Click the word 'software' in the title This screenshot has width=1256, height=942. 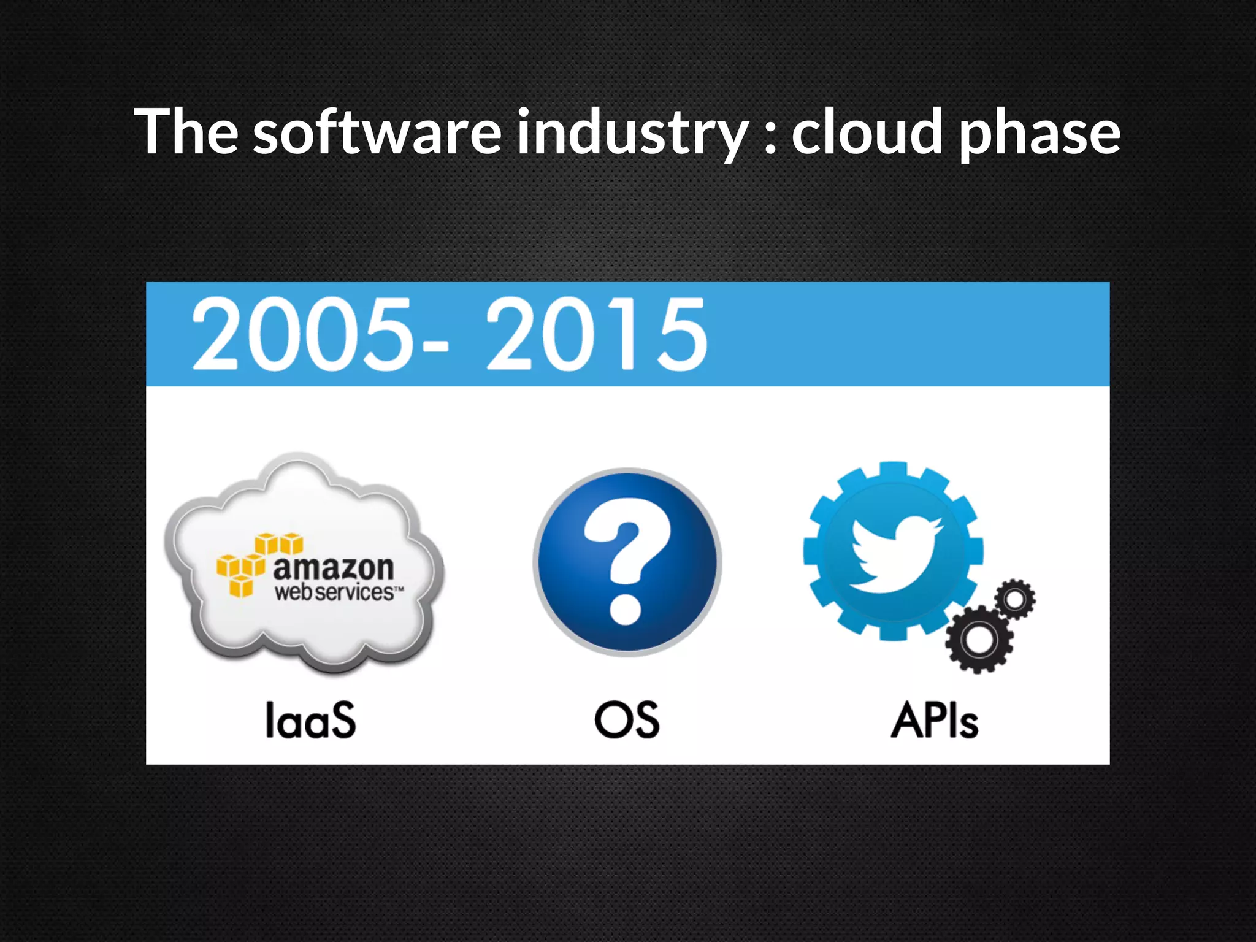coord(377,131)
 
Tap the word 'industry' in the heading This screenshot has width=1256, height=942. coord(632,132)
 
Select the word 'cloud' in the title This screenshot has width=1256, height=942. coord(867,131)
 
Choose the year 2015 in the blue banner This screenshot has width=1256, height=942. coord(597,335)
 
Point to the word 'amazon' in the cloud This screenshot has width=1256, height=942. coord(333,568)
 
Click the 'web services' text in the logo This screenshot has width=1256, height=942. coord(334,592)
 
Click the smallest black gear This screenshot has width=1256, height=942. coord(1015,599)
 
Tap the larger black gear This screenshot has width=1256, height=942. coord(979,640)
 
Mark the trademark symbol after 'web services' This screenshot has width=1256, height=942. coord(399,589)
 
